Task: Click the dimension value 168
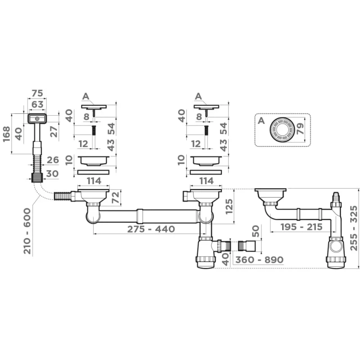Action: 6,134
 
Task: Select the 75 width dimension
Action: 37,93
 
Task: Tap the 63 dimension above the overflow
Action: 37,104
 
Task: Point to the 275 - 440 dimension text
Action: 151,229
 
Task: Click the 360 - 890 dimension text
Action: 259,260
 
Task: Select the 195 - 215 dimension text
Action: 301,227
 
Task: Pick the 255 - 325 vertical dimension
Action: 354,228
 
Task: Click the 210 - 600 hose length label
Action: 27,231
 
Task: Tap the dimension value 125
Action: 229,207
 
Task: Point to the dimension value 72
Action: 116,198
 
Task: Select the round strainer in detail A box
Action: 282,130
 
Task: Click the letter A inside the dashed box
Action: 261,120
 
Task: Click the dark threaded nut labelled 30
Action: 37,177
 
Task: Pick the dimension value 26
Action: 53,160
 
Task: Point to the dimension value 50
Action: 256,231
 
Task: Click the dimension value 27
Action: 54,131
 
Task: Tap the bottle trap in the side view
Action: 335,252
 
